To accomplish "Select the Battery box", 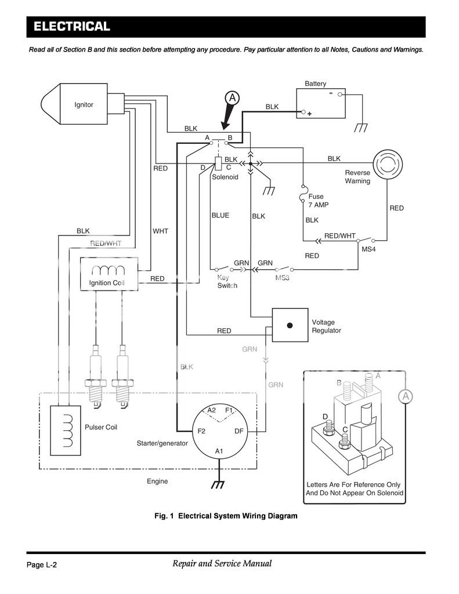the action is click(321, 103).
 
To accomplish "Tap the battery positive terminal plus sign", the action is click(310, 114).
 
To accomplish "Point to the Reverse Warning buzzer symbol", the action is click(387, 164).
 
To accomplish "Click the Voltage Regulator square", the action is click(290, 325).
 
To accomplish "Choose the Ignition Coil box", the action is click(109, 274).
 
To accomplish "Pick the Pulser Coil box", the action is click(66, 430).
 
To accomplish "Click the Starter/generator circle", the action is click(219, 432).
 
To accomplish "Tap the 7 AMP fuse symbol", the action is click(302, 194).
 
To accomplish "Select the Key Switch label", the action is click(227, 281).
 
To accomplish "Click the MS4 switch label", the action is click(368, 249).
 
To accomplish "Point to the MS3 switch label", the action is click(283, 278).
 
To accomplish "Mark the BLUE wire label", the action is click(220, 215).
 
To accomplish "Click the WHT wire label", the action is click(160, 231).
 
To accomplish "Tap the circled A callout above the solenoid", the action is click(232, 98).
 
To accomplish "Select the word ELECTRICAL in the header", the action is click(71, 27).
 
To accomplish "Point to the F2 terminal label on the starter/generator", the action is click(201, 431).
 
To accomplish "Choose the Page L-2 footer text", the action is click(42, 565).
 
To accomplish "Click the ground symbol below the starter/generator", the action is click(218, 484).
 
